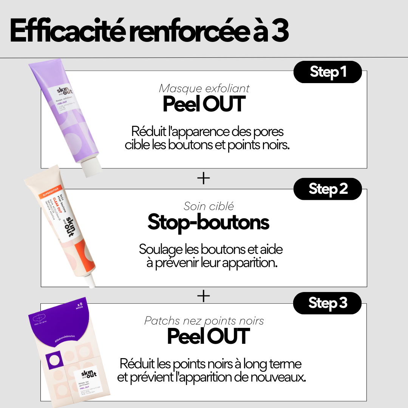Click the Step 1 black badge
pos(328,72)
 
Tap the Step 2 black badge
pos(328,189)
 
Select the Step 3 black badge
pos(328,303)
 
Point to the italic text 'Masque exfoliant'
pos(204,88)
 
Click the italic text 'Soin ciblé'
pos(209,206)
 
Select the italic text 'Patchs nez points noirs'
pos(204,321)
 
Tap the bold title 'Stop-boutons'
pos(208,222)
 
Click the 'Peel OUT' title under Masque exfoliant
pos(204,105)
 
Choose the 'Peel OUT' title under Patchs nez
pos(209,337)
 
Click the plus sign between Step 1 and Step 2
pos(204,178)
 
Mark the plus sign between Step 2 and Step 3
pos(204,296)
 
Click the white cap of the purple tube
pos(92,167)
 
